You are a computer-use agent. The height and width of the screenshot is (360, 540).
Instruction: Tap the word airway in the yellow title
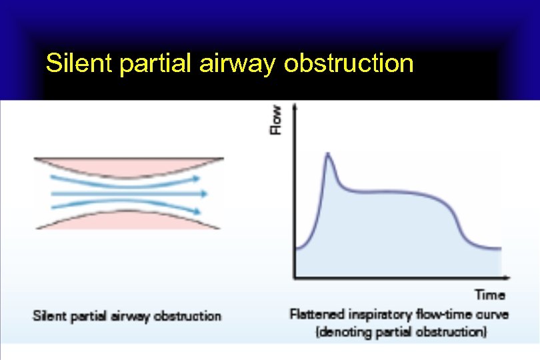237,64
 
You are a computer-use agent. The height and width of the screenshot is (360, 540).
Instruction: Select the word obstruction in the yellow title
349,63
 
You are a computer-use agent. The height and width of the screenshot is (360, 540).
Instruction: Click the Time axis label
489,295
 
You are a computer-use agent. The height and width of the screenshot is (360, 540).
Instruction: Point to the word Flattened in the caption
314,314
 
